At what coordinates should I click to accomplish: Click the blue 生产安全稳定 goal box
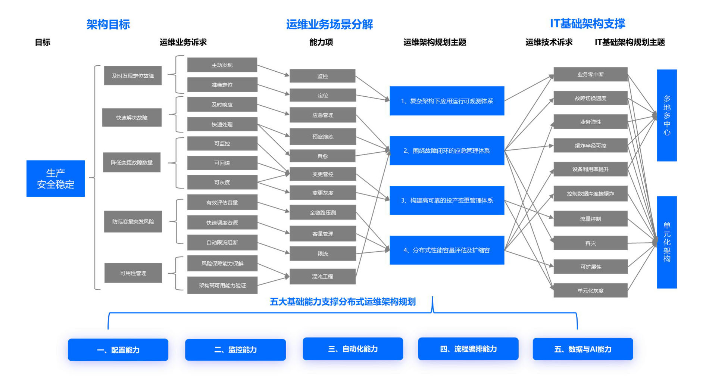pos(55,178)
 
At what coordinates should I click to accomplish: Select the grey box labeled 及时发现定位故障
pos(133,75)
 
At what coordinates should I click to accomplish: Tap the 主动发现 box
pos(222,65)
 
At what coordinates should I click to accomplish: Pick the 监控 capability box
pos(322,76)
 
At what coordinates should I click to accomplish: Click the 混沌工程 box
pos(322,277)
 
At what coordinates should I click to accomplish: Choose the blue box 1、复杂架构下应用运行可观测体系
pos(447,101)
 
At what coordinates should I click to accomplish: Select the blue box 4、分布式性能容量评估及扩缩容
pos(447,250)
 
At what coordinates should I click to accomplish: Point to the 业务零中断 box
pos(590,74)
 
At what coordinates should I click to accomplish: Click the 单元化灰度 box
pos(590,290)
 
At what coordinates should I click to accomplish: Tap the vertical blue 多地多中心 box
pos(667,115)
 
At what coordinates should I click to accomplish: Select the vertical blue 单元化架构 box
pos(667,242)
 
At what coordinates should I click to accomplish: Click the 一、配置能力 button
pos(118,350)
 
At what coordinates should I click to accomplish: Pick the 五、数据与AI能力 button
pos(582,349)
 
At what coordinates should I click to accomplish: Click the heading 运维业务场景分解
pos(329,24)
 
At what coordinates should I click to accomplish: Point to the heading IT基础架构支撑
pos(587,24)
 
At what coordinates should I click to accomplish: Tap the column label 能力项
pos(321,42)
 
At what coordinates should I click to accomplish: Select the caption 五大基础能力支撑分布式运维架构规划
pos(343,302)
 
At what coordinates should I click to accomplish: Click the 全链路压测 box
pos(322,212)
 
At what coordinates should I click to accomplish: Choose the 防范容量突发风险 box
pos(133,222)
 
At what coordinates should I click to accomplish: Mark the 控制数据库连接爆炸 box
pos(590,193)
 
